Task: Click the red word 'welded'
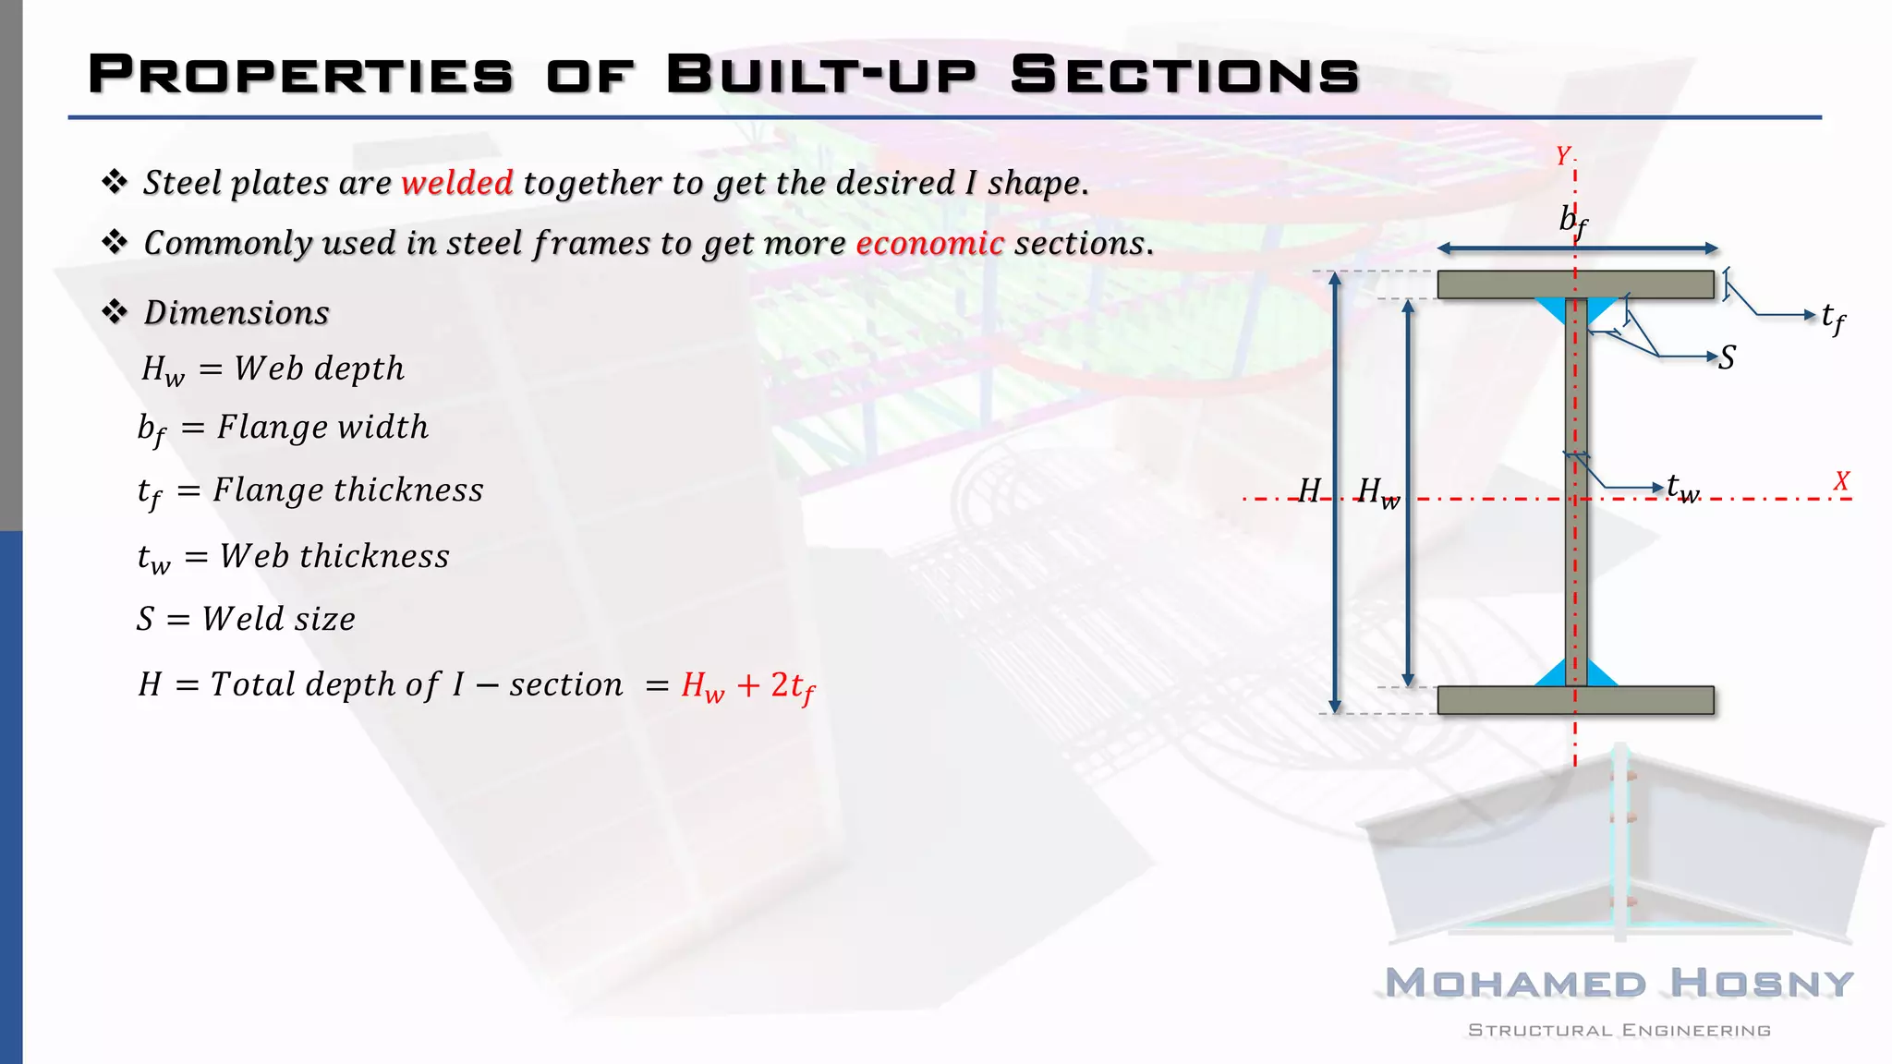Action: click(457, 183)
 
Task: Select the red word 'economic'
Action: click(929, 243)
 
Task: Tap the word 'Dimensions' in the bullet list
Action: click(236, 313)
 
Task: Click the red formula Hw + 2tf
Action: click(748, 686)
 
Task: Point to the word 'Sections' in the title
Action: click(1184, 75)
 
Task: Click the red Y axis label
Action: click(1562, 156)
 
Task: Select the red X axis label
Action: click(1841, 481)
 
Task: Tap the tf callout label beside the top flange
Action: click(1833, 318)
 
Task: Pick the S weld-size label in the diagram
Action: click(1727, 357)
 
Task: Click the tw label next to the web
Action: click(1682, 487)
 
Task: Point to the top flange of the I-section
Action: click(1497, 284)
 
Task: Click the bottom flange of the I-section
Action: click(1497, 700)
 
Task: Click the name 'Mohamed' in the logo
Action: click(1515, 984)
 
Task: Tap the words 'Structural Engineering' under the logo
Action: click(1619, 1031)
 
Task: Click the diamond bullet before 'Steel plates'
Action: click(115, 182)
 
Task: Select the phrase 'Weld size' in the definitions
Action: click(279, 619)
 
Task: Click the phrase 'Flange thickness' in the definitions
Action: click(348, 490)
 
